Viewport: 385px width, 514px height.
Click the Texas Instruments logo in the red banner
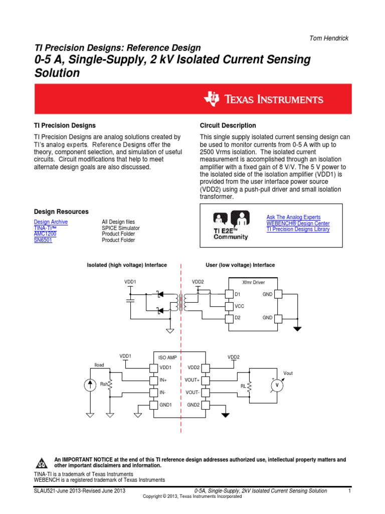click(263, 99)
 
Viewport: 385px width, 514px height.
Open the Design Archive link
click(51, 222)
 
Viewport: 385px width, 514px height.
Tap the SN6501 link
click(43, 240)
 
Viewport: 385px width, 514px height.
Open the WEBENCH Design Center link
click(298, 223)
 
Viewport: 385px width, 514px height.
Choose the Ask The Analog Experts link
click(293, 217)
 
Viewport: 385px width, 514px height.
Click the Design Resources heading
click(61, 212)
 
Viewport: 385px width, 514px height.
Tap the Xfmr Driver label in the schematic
click(253, 283)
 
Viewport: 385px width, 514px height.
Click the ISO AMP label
click(168, 357)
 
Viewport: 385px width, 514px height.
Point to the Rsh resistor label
click(104, 384)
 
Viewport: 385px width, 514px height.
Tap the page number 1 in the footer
click(348, 491)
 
